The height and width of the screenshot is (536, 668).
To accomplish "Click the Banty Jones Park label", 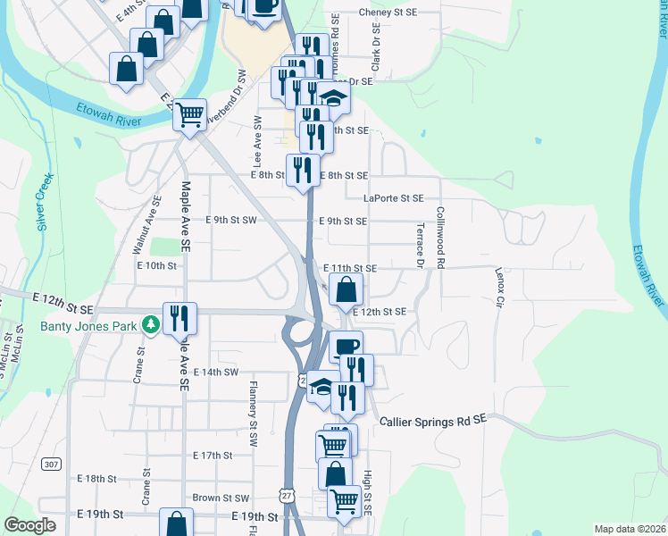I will click(88, 326).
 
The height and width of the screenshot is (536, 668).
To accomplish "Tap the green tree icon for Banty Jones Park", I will click(152, 325).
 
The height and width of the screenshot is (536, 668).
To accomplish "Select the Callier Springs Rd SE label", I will click(432, 420).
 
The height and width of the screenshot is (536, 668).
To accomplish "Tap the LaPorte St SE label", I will click(393, 198).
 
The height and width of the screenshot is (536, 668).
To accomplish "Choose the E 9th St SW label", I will click(230, 220).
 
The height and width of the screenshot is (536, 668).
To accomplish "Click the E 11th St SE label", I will click(350, 268).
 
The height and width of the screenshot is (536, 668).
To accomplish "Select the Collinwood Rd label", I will click(440, 237).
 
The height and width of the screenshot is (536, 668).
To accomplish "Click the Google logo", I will click(29, 525).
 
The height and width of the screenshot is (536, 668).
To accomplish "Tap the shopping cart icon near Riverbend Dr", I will click(189, 115).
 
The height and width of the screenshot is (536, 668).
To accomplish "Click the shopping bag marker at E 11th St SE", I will click(347, 289).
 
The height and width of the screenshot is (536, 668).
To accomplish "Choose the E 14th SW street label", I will click(216, 372).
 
